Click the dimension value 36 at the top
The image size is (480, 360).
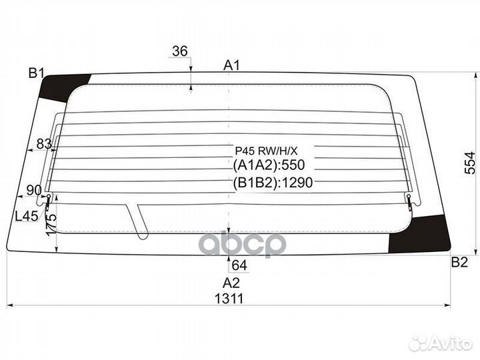pyautogui.click(x=180, y=51)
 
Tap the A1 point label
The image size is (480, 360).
pyautogui.click(x=231, y=65)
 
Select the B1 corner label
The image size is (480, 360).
pyautogui.click(x=37, y=73)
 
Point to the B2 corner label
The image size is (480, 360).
pyautogui.click(x=459, y=263)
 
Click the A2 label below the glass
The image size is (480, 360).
pyautogui.click(x=231, y=283)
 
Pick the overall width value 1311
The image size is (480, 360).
pyautogui.click(x=229, y=299)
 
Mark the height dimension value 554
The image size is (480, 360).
pyautogui.click(x=470, y=163)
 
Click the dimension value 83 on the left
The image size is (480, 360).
pyautogui.click(x=44, y=143)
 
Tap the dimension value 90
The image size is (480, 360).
pyautogui.click(x=34, y=190)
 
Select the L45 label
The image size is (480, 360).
pyautogui.click(x=27, y=217)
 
